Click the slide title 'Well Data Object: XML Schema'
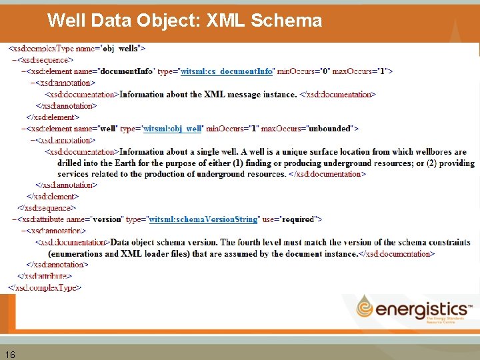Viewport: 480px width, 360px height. (x=185, y=21)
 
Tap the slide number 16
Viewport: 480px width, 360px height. (x=10, y=354)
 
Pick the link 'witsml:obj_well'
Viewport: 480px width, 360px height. (x=173, y=129)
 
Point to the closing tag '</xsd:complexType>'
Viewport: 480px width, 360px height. (x=45, y=288)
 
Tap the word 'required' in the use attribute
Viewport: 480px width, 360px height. (x=299, y=219)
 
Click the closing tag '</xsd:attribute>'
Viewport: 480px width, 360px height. (x=45, y=276)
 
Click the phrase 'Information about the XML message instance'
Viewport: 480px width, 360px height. (x=208, y=94)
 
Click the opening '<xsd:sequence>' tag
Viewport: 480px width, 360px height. (x=45, y=60)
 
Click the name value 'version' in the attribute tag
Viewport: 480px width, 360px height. (x=108, y=219)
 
